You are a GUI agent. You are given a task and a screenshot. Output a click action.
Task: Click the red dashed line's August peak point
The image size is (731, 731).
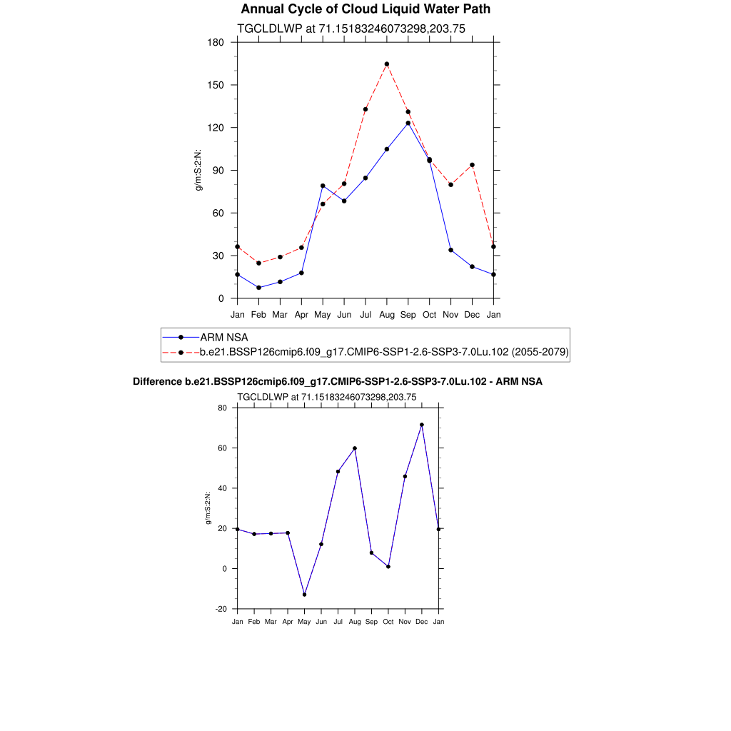coord(386,64)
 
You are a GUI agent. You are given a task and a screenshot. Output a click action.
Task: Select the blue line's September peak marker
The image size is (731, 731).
coord(408,123)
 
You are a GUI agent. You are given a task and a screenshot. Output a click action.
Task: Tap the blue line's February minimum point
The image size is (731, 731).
coord(258,288)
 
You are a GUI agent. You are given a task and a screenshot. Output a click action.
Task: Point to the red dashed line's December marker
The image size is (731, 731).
coord(472,165)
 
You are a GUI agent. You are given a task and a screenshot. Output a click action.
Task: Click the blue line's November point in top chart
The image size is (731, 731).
coord(450,250)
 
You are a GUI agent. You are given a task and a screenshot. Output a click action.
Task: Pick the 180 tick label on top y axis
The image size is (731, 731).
coord(216,43)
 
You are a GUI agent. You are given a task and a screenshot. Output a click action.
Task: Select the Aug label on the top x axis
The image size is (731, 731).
coord(386,314)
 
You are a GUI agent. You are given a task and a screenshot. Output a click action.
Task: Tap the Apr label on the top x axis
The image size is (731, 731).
coord(301,314)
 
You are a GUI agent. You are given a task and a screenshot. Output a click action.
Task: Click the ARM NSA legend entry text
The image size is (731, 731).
coord(224,337)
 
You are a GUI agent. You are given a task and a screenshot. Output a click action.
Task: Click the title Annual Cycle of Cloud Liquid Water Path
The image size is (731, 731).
coord(365,9)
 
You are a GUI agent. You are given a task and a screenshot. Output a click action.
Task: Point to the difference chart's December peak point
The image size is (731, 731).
coord(422,425)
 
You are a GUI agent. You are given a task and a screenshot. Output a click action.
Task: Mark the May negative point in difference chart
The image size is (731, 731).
coord(305,595)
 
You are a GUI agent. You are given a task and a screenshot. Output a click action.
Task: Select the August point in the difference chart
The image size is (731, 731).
coord(355,448)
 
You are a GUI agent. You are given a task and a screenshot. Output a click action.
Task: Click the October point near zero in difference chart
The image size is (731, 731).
coord(388,567)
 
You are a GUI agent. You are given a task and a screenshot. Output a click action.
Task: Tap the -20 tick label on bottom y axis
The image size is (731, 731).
coord(221,609)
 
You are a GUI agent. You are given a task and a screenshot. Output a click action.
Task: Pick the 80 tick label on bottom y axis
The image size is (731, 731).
coord(223,408)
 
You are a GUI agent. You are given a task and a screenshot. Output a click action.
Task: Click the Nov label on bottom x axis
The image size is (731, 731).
coord(405,622)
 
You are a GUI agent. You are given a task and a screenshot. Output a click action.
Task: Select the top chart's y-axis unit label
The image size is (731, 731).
coord(200,171)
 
